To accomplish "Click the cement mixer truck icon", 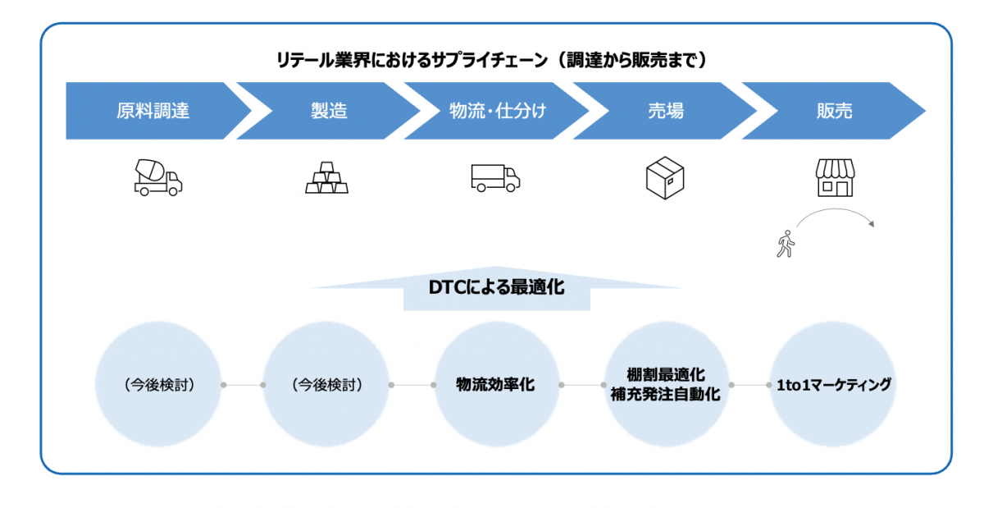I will (x=157, y=177).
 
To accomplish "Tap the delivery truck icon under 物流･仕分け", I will (x=495, y=177).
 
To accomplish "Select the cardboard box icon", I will (x=665, y=177).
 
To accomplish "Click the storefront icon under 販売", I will (x=834, y=177).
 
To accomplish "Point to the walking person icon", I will (x=785, y=245).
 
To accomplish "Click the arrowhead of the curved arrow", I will (x=876, y=224).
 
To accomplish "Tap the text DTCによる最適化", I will (x=497, y=288).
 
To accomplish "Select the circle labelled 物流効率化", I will (x=495, y=384).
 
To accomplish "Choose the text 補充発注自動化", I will (x=665, y=394).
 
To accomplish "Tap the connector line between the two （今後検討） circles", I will (x=243, y=384).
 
